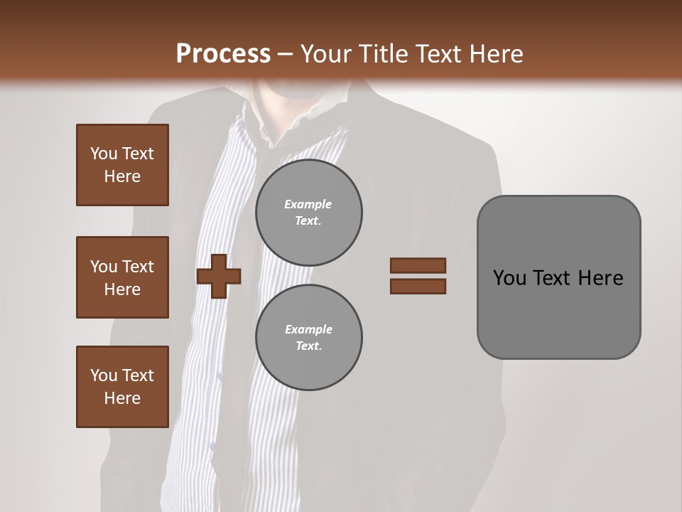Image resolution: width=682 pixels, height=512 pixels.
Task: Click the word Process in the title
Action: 223,54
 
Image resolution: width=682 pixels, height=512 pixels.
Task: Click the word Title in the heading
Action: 384,54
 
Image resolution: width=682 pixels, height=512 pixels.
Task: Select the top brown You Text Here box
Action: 122,165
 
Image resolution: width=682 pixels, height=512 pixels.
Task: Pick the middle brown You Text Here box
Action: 122,277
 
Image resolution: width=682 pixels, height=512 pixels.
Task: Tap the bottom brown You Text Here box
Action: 122,387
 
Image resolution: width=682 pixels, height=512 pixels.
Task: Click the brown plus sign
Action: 219,275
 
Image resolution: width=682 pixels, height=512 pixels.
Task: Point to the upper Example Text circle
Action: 309,213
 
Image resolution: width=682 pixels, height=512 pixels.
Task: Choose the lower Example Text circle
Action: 309,337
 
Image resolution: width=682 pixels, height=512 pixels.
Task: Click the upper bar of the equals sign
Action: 418,265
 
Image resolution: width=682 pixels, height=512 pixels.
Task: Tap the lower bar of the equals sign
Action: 418,286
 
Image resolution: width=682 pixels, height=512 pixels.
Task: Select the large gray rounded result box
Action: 558,277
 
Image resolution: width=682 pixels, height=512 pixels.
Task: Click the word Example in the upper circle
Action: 308,204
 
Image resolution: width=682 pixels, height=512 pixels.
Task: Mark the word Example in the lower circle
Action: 308,329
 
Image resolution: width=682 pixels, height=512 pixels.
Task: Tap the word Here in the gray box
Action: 600,278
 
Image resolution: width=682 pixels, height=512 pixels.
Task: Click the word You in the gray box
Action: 509,278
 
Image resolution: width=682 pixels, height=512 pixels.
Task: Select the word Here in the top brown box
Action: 122,176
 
